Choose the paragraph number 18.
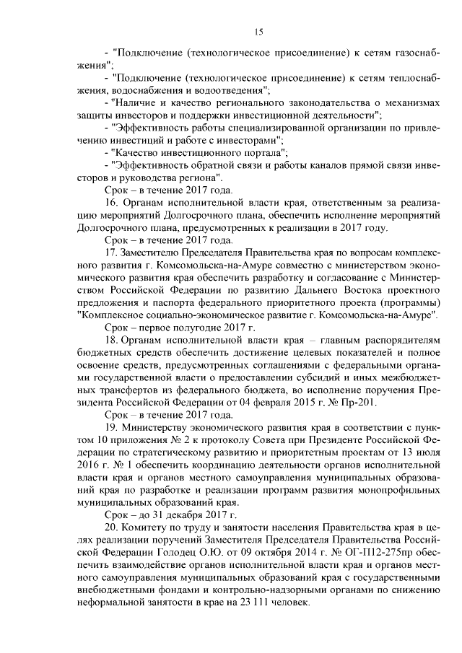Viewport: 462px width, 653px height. (111, 339)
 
